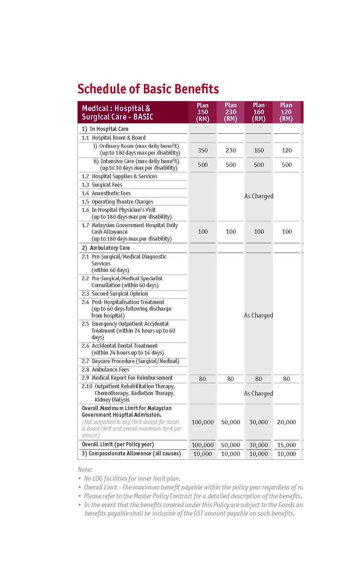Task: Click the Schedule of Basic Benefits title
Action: click(x=148, y=89)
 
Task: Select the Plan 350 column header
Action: click(x=203, y=112)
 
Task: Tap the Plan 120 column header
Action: click(x=286, y=112)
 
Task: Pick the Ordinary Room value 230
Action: click(x=231, y=150)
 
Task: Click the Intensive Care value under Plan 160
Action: click(x=259, y=165)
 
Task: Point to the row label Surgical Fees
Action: click(x=107, y=185)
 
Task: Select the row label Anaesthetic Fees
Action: click(x=111, y=193)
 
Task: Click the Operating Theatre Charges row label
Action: click(x=122, y=202)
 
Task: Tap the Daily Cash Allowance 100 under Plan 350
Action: click(x=203, y=232)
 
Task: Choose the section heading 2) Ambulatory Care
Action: click(x=106, y=248)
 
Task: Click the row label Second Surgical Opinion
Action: click(x=120, y=294)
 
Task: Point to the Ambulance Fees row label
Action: click(x=110, y=370)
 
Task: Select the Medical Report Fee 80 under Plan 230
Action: click(x=230, y=379)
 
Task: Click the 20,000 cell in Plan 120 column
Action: click(x=286, y=422)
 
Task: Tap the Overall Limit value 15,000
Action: click(x=286, y=445)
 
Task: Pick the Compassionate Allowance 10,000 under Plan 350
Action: click(x=203, y=454)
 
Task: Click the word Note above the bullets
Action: click(x=85, y=470)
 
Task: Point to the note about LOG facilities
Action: click(x=132, y=479)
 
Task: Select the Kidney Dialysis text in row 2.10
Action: click(x=112, y=400)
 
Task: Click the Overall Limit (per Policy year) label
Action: click(x=118, y=444)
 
